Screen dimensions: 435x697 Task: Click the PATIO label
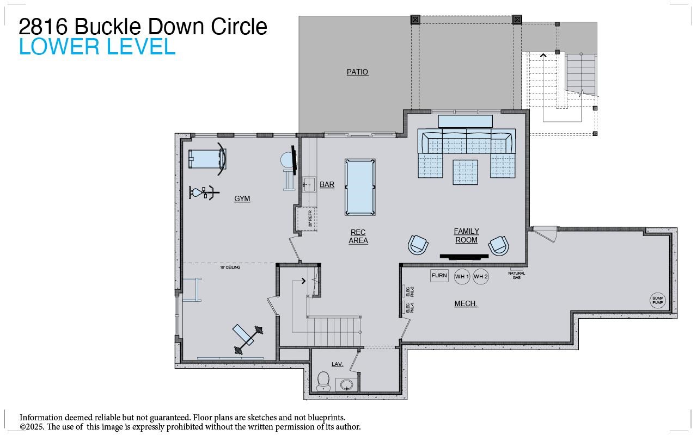click(x=357, y=72)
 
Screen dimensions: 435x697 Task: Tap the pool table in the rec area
click(x=360, y=187)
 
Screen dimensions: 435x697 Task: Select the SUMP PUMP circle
click(x=658, y=300)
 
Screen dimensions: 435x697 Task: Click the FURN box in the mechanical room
click(x=439, y=276)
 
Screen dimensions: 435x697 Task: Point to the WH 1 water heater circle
click(x=462, y=277)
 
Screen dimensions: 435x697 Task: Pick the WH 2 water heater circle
click(x=481, y=277)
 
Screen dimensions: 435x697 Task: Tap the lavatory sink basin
click(x=346, y=385)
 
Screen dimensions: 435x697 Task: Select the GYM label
click(x=242, y=198)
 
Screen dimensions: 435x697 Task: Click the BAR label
click(x=327, y=185)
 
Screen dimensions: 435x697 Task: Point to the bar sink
click(x=309, y=184)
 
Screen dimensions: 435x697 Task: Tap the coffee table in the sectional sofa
click(x=465, y=171)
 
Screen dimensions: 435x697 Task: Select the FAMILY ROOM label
click(x=466, y=235)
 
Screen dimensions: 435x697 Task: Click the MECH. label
click(x=466, y=303)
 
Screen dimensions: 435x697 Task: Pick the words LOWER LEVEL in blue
click(x=97, y=47)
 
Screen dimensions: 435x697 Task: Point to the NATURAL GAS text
click(x=517, y=275)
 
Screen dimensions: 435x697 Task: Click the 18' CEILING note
click(x=230, y=268)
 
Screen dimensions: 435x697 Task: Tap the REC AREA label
click(x=358, y=236)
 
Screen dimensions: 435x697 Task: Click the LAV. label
click(x=337, y=364)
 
